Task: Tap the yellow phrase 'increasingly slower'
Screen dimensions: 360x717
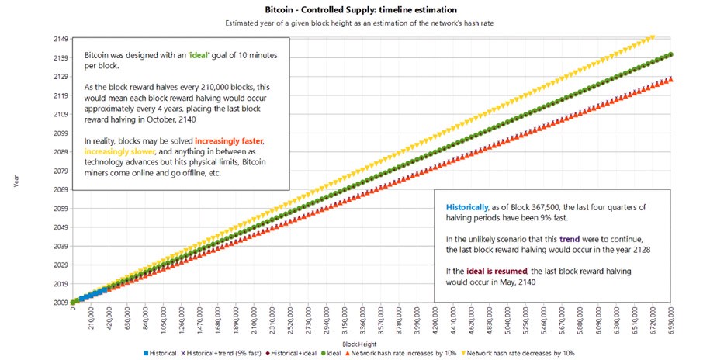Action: click(x=116, y=151)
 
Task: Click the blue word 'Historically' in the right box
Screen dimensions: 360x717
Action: click(x=467, y=207)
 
